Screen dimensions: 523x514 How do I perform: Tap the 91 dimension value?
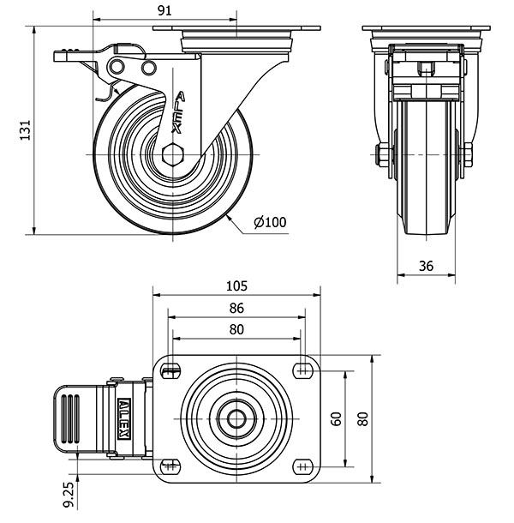(166, 10)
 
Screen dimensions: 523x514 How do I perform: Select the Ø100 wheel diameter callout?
(269, 223)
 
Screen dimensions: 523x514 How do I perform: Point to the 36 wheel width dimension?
(426, 267)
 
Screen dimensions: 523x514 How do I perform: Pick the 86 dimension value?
(236, 308)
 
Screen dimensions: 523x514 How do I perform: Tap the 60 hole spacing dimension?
(336, 418)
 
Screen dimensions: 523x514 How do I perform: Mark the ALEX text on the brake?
(124, 419)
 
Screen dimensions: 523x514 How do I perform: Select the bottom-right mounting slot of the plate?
(302, 466)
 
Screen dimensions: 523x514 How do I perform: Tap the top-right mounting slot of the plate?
(302, 371)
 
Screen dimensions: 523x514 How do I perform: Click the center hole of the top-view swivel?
(236, 418)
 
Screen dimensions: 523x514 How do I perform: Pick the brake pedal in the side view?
(81, 56)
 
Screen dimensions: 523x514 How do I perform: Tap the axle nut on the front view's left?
(382, 156)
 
